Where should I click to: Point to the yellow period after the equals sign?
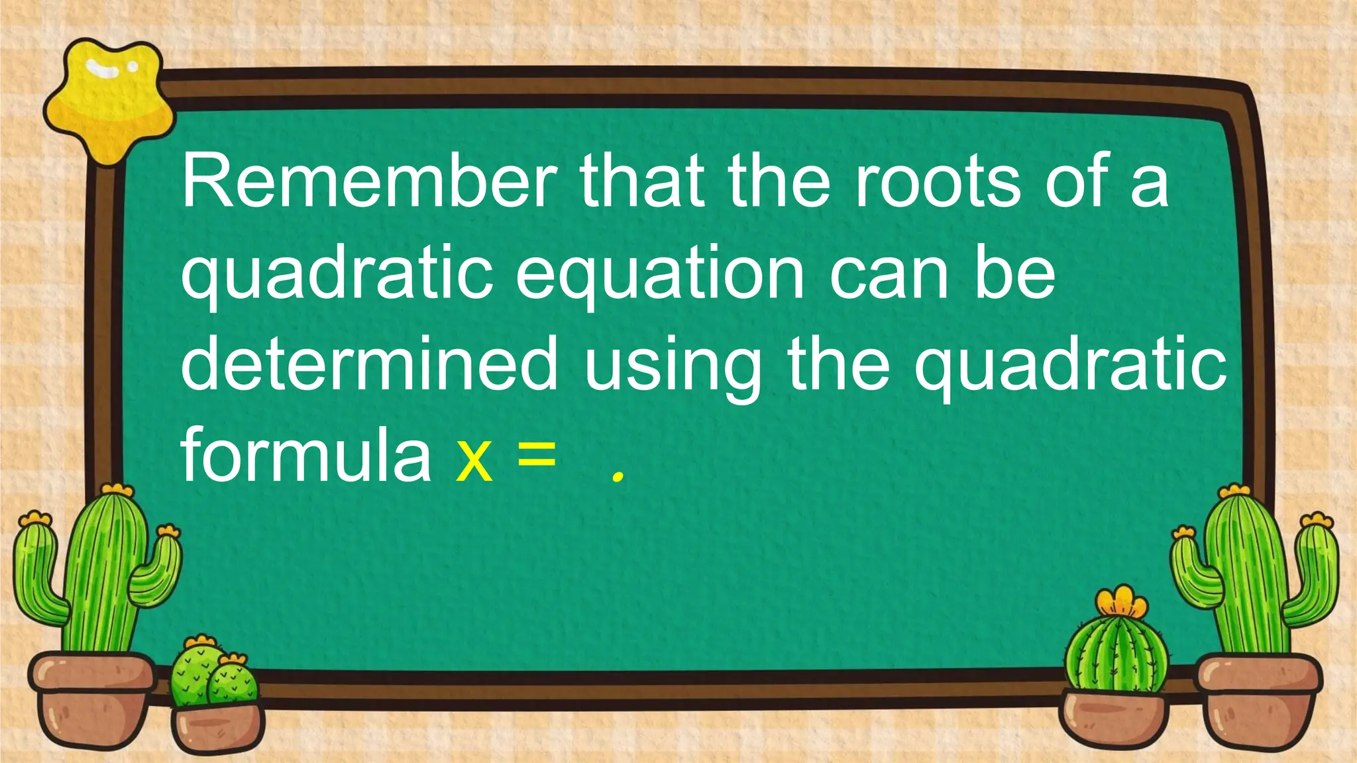click(x=618, y=476)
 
